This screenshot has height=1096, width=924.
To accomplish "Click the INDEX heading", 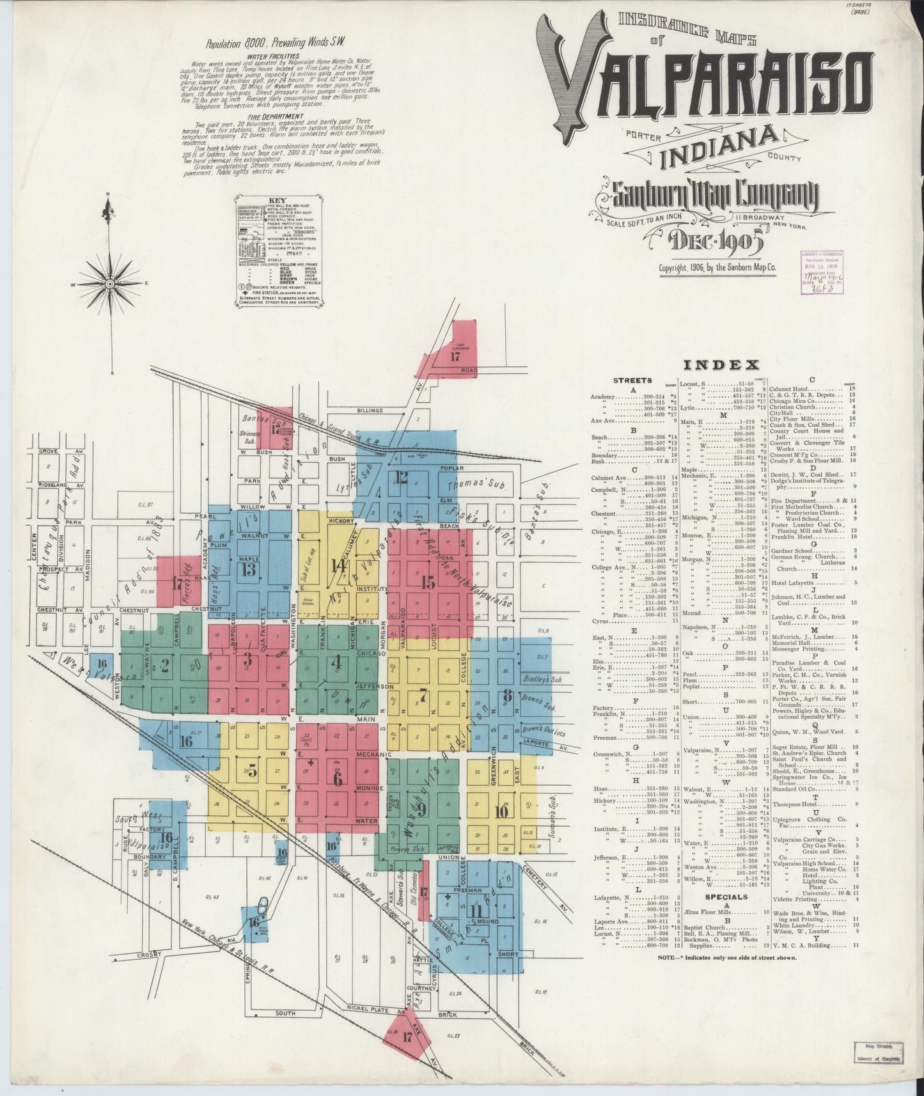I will [x=721, y=365].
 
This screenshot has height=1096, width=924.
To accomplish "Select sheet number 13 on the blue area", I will [x=249, y=570].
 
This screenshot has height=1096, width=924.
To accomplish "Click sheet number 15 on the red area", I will [x=427, y=582].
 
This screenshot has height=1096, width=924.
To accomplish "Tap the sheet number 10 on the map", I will [x=501, y=811].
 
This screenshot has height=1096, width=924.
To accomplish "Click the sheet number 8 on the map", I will [x=507, y=695].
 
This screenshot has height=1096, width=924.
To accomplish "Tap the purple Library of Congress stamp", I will [x=822, y=271].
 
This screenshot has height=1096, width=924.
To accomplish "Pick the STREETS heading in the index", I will [x=632, y=380].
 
